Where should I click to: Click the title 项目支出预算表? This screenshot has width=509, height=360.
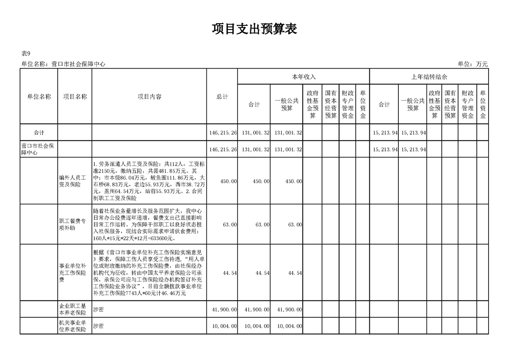(254, 30)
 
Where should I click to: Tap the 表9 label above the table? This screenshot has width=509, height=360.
(26, 54)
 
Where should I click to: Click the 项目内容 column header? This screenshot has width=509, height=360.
(149, 96)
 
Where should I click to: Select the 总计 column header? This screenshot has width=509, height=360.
(222, 96)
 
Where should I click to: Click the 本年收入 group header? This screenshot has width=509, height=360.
(303, 77)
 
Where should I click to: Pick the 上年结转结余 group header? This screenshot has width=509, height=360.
(429, 77)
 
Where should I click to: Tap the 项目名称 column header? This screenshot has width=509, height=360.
(75, 96)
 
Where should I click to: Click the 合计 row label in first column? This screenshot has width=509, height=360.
(39, 133)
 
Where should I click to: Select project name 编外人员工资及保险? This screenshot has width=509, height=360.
(73, 181)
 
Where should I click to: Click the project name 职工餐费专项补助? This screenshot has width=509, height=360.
(73, 224)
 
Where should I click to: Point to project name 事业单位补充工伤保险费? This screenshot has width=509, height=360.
(73, 272)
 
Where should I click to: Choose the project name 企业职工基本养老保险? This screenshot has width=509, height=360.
(73, 309)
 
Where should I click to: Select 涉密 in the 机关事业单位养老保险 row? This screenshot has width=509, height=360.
(98, 326)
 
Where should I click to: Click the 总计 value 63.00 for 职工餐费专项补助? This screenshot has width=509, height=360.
(230, 225)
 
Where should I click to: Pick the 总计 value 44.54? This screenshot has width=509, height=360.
(230, 273)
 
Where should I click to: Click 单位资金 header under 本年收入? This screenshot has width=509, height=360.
(362, 104)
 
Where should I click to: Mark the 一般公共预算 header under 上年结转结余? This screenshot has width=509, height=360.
(413, 104)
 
